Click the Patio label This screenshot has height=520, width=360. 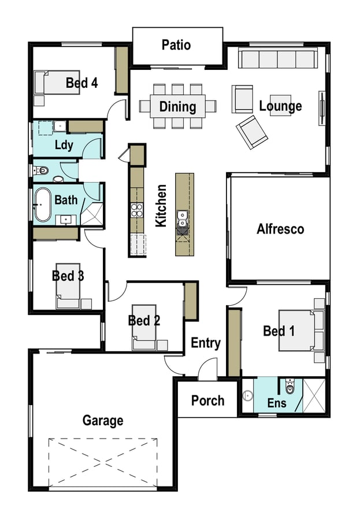pos(176,45)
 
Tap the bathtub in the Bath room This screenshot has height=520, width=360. pos(43,205)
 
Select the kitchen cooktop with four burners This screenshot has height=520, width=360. pos(137,210)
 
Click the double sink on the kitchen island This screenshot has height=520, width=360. pos(182,219)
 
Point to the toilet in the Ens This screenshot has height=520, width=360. pos(290,387)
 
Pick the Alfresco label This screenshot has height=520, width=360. pos(280,229)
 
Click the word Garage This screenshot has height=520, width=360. pos(103,421)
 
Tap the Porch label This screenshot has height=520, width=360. pos(207,400)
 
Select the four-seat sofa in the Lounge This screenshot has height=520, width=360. pos(277,59)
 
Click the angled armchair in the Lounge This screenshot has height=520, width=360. pos(252,132)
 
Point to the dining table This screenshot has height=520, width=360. pos(177,106)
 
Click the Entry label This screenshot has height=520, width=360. pos(206,343)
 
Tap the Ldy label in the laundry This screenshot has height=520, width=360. pos(64,145)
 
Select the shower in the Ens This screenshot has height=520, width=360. pos(314,396)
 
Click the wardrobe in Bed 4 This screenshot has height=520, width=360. pos(121,70)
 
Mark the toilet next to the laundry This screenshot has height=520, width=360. pos(41,170)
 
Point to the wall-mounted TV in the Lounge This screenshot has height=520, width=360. pos(321,108)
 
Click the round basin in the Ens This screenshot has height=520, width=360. pos(247,396)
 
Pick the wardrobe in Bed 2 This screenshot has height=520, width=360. pos(191,301)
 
